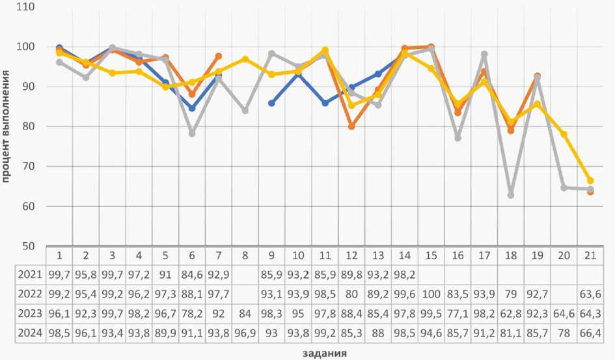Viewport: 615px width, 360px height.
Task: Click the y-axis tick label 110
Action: (27, 7)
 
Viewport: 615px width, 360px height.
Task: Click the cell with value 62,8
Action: (511, 313)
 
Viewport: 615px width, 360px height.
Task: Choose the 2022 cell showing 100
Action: (431, 294)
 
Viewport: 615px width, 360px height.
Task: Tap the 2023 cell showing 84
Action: (245, 313)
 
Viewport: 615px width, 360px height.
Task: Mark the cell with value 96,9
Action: (245, 333)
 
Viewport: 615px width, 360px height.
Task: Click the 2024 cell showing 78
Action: (564, 333)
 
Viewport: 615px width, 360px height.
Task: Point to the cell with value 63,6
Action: (590, 294)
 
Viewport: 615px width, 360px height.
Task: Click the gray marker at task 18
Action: (511, 195)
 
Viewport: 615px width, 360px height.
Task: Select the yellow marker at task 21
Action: (590, 180)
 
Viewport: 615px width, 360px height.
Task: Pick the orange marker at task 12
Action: (351, 126)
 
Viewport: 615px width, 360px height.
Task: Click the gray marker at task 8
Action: (245, 111)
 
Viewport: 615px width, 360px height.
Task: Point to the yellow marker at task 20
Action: (564, 134)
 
